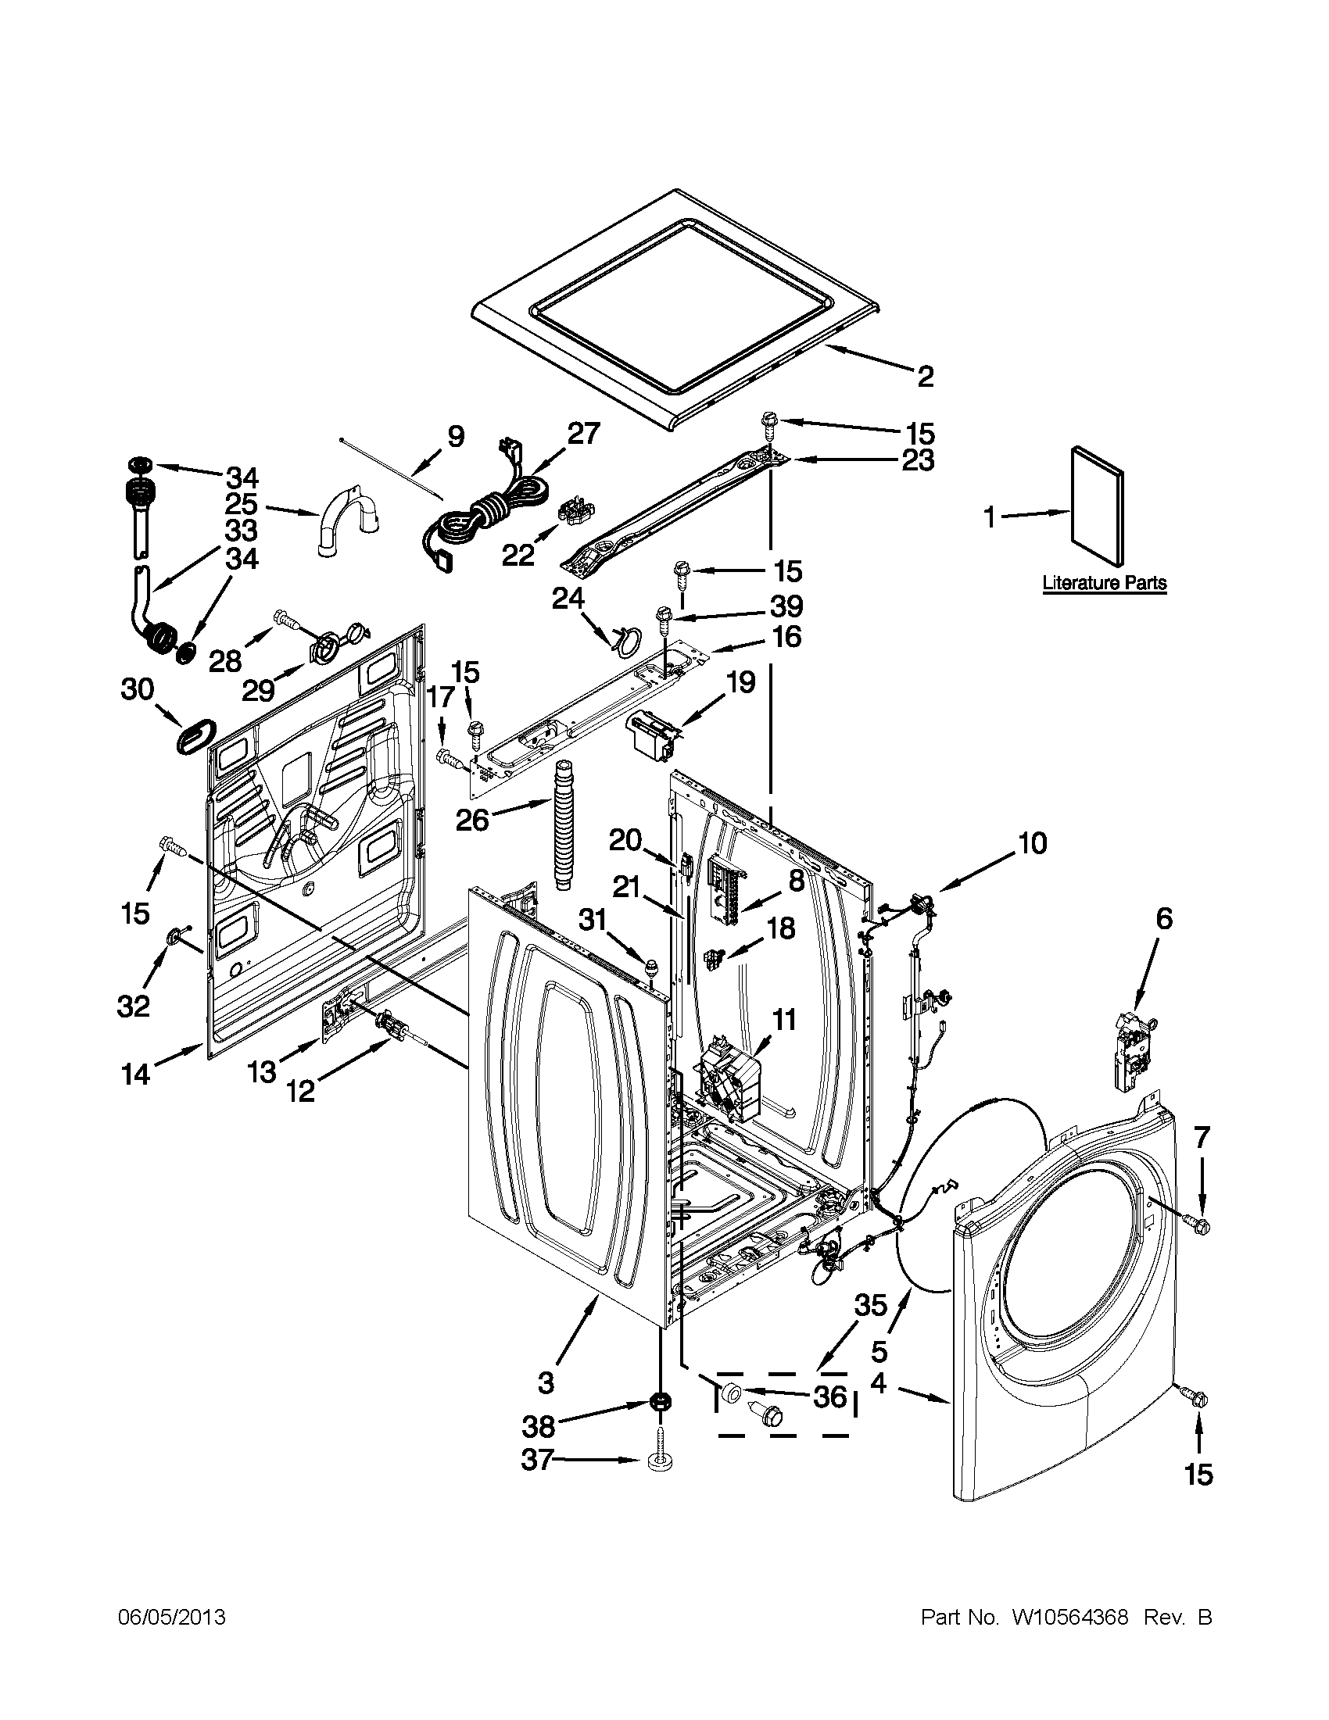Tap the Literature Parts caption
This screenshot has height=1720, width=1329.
[x=1104, y=584]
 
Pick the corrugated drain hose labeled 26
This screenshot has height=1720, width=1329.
[x=564, y=824]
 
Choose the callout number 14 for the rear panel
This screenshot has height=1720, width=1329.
[x=135, y=1075]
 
